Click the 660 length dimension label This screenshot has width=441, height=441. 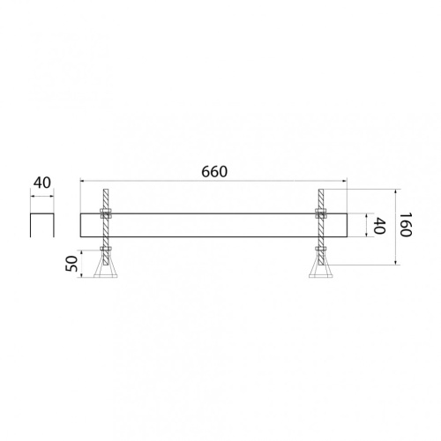point(214,172)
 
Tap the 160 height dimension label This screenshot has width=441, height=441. point(406,224)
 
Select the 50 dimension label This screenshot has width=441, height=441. point(71,264)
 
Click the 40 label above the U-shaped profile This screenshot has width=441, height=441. point(42,183)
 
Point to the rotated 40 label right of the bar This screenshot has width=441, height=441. point(379,226)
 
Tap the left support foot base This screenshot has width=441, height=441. point(106,276)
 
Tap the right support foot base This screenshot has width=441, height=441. point(321,276)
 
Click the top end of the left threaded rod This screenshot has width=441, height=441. point(106,190)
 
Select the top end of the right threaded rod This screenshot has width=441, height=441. point(321,190)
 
